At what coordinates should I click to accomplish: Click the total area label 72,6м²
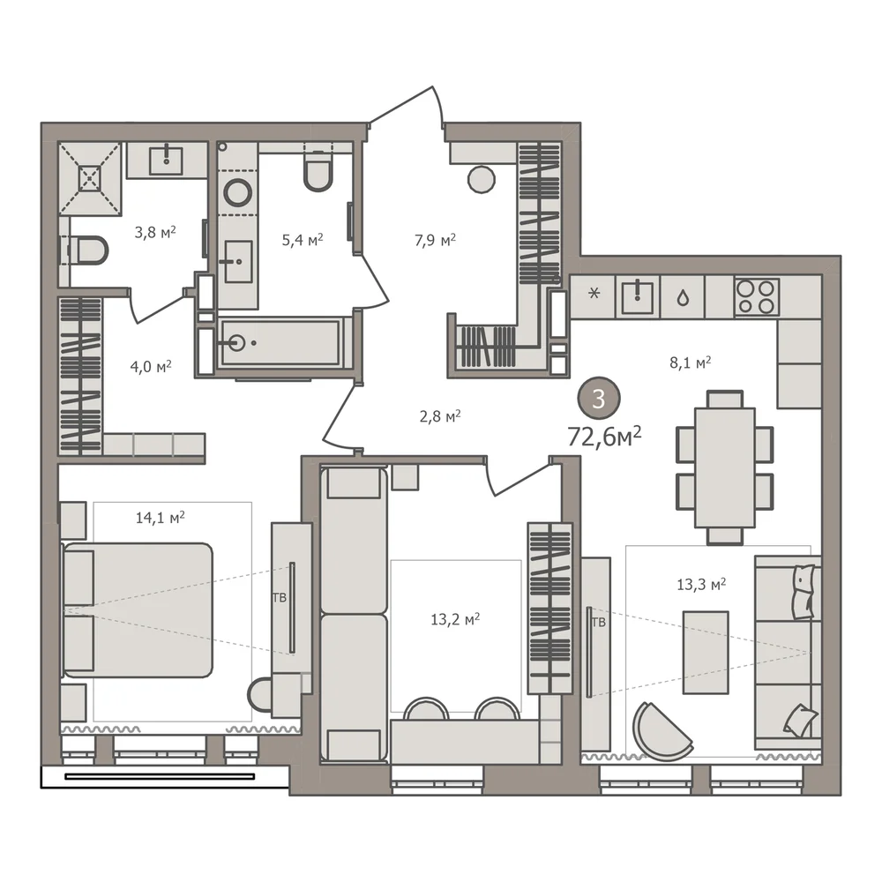(x=604, y=436)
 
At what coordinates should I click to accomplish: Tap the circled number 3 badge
(x=599, y=399)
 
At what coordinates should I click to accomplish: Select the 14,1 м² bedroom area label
(x=161, y=517)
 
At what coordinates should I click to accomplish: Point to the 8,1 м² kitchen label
(x=691, y=363)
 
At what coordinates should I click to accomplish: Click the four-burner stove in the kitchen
(x=757, y=295)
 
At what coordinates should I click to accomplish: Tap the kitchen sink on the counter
(x=638, y=297)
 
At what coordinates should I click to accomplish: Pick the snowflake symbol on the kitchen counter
(x=594, y=293)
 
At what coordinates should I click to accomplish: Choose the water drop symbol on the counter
(x=683, y=297)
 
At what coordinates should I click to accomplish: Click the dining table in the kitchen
(x=724, y=467)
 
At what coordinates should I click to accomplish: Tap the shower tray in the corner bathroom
(x=91, y=178)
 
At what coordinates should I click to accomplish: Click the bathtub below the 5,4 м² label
(x=280, y=342)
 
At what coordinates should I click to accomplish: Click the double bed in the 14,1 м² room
(x=138, y=609)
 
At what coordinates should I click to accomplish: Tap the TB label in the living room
(x=599, y=622)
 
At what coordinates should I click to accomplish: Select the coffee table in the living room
(x=706, y=653)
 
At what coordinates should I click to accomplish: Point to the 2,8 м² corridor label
(x=440, y=417)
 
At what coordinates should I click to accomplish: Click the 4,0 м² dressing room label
(x=151, y=367)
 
